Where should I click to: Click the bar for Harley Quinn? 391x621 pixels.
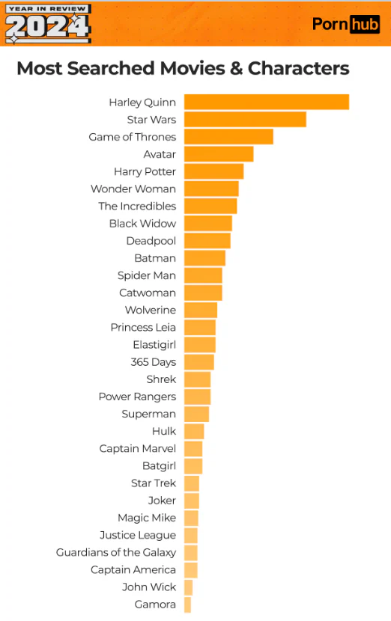pos(267,102)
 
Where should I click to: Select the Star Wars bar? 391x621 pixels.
pos(245,119)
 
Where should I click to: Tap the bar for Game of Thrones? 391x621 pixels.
pos(228,137)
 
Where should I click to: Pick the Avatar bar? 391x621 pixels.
pos(219,154)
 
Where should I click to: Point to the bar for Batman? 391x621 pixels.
pos(204,258)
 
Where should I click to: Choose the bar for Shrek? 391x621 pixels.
pos(198,379)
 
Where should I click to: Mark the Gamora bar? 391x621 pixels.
pos(187,605)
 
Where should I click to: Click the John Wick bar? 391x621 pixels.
pos(188,587)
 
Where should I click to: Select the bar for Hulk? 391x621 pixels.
pos(194,431)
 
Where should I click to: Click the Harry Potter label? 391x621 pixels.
pos(145,172)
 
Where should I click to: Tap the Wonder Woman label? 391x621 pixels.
pos(133,189)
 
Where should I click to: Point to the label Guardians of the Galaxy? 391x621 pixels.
pos(116,552)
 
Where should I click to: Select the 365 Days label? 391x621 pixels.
pos(153,362)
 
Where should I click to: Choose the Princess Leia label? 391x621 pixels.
pos(143,328)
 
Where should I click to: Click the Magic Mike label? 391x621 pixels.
pos(147,518)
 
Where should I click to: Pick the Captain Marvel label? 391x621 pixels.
pos(138,449)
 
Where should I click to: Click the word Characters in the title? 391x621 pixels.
pos(299,68)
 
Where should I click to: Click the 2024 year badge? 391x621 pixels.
pos(49,24)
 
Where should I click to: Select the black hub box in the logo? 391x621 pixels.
pos(365,25)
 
